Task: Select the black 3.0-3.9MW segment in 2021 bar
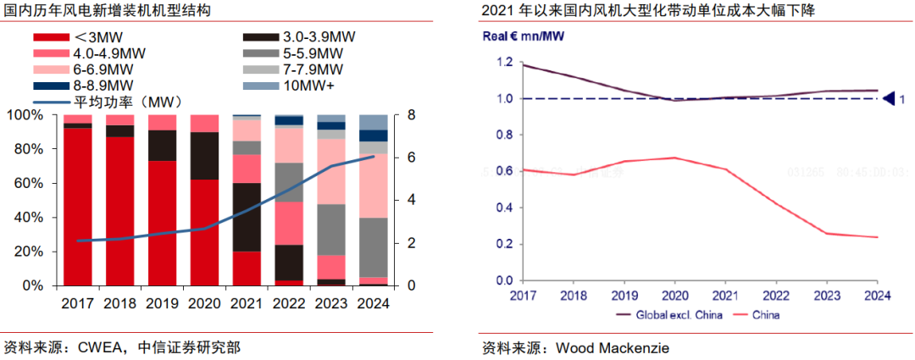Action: point(247,217)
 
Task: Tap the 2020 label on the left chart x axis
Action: point(204,302)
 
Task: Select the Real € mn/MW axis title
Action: point(523,36)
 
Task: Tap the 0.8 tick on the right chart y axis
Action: point(505,135)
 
